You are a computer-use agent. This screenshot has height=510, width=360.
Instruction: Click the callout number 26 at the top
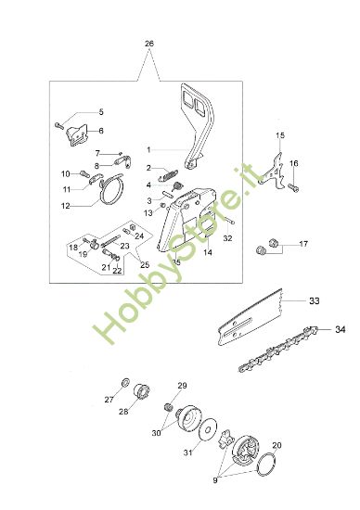pos(149,44)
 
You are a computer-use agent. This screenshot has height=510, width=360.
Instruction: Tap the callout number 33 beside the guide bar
pos(315,300)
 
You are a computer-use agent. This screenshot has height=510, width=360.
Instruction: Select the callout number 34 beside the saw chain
pos(341,329)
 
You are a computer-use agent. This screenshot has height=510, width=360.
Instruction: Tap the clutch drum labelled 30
pos(189,417)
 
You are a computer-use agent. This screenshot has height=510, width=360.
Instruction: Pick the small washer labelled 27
pos(125,382)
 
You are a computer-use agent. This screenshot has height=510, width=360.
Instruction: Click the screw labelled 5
pos(58,125)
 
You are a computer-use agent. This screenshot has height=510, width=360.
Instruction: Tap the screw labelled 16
pos(293,187)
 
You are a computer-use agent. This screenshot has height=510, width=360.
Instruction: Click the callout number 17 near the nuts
pos(303,244)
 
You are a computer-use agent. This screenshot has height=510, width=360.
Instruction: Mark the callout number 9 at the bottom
pos(215,479)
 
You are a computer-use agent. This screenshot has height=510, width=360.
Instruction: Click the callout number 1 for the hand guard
pos(148,150)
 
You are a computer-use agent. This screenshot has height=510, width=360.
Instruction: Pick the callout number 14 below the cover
pos(208,252)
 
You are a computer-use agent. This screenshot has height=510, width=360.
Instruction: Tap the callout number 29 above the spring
pos(182,386)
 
